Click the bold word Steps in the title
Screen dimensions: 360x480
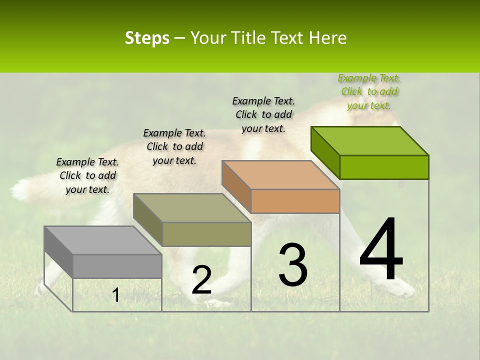[x=147, y=38]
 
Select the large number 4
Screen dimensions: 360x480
[x=381, y=250]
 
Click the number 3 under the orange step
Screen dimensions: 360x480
[x=293, y=264]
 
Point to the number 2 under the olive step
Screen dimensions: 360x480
[x=201, y=280]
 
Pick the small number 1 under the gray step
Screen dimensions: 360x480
[x=116, y=295]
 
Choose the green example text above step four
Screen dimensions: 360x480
[x=369, y=91]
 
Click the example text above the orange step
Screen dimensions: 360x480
[x=263, y=114]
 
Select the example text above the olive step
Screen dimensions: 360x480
[x=174, y=146]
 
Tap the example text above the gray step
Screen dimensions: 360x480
[x=87, y=175]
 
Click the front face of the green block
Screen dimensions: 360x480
[x=384, y=167]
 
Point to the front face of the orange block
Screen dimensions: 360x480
[x=295, y=201]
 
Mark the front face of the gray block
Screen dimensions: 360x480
[x=117, y=266]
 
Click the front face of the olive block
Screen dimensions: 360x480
[x=206, y=234]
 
